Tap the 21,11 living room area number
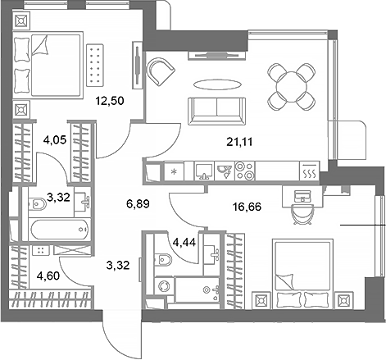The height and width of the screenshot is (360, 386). tap(239, 140)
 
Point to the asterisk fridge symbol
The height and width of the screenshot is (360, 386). tap(175, 173)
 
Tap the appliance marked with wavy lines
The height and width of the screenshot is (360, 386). tap(309, 173)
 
